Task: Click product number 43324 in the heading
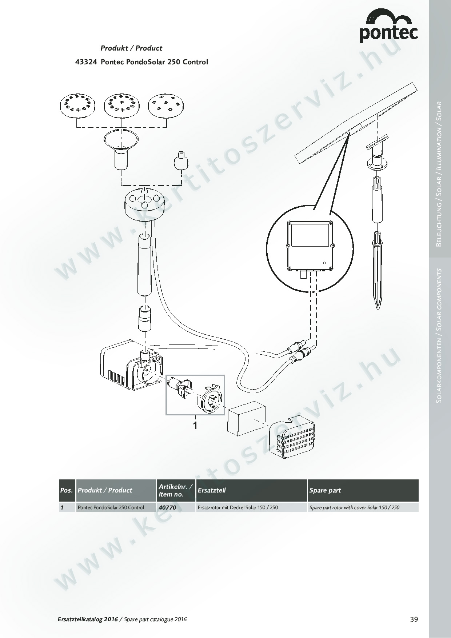click(x=86, y=62)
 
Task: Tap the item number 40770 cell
click(x=167, y=507)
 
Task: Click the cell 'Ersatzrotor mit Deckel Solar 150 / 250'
click(x=238, y=507)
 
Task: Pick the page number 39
click(x=414, y=619)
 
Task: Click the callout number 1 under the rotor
click(x=195, y=425)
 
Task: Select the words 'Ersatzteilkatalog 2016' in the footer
click(x=88, y=619)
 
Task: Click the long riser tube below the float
click(x=145, y=266)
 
